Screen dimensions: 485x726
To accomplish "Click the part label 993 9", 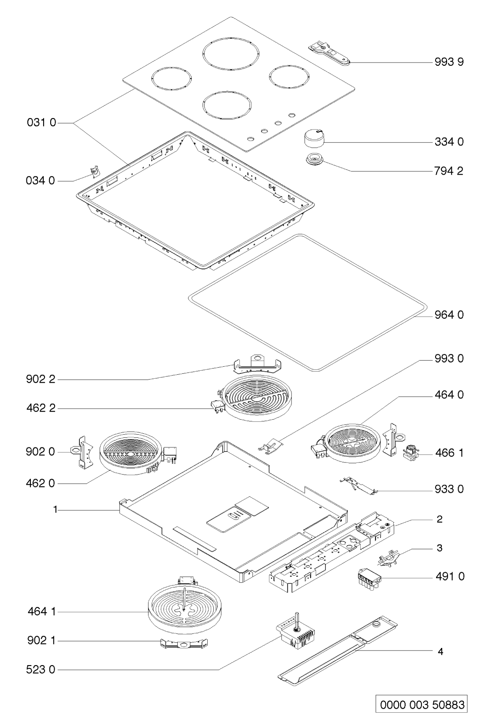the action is pyautogui.click(x=449, y=62).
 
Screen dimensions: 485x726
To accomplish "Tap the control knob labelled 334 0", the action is pyautogui.click(x=314, y=139).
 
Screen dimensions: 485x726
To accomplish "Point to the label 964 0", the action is pyautogui.click(x=449, y=314).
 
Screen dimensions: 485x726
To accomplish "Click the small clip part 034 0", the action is pyautogui.click(x=94, y=171).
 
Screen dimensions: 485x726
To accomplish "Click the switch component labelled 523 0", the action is pyautogui.click(x=295, y=635).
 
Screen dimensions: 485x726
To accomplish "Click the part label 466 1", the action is pyautogui.click(x=449, y=453).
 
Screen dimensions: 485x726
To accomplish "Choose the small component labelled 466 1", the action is pyautogui.click(x=411, y=452).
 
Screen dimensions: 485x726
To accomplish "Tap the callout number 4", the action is pyautogui.click(x=440, y=651).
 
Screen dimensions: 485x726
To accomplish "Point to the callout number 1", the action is pyautogui.click(x=55, y=510).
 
